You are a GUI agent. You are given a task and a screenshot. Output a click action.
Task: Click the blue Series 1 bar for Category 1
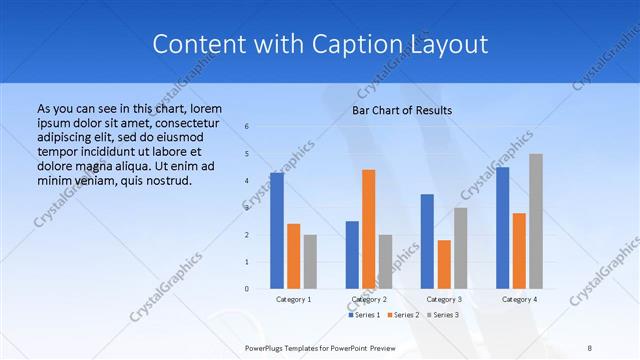point(277,231)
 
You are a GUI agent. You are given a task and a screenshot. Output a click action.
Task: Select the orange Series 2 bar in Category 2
point(369,229)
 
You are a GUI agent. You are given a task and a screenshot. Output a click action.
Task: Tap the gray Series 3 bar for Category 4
point(536,221)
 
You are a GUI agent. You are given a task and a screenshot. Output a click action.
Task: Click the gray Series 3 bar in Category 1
point(310,262)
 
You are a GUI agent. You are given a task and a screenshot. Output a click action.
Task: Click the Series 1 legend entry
point(365,315)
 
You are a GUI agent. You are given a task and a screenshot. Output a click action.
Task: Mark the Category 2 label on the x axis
point(369,299)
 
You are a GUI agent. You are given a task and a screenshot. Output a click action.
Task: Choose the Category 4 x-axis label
point(518,299)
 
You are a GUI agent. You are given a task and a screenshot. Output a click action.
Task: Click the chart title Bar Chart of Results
point(402,110)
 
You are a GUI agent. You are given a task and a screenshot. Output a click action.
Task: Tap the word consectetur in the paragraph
point(177,121)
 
